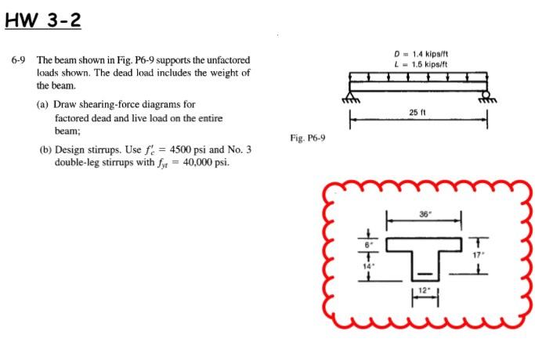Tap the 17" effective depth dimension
click(x=486, y=253)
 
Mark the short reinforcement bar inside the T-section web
click(x=424, y=275)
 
